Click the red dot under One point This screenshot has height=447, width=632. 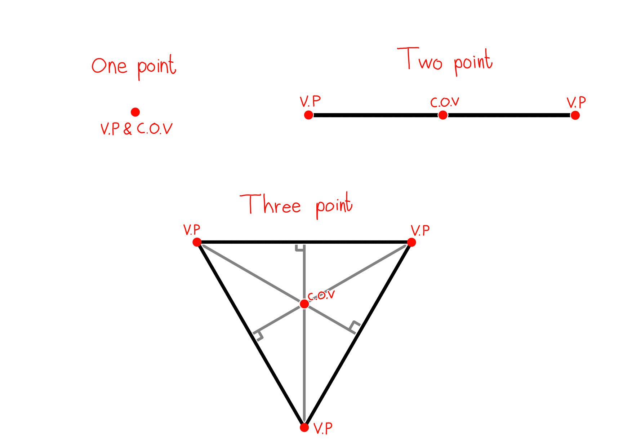click(135, 112)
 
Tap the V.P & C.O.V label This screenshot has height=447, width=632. click(137, 129)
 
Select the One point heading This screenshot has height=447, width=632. click(134, 67)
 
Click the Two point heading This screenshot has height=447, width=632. click(445, 61)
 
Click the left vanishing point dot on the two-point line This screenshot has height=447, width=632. click(309, 115)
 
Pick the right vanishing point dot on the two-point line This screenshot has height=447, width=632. click(575, 115)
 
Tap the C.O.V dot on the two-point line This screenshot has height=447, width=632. click(443, 115)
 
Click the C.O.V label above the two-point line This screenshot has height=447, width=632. click(445, 102)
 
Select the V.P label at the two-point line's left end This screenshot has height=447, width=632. click(310, 101)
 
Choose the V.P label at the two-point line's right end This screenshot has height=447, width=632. click(576, 102)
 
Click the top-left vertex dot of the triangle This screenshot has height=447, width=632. click(197, 242)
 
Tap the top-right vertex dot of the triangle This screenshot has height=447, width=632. click(411, 242)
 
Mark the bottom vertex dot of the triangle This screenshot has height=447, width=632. click(304, 428)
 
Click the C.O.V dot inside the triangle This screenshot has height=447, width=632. click(304, 304)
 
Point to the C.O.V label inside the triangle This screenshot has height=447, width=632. click(321, 295)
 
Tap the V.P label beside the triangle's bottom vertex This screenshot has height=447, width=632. click(323, 429)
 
